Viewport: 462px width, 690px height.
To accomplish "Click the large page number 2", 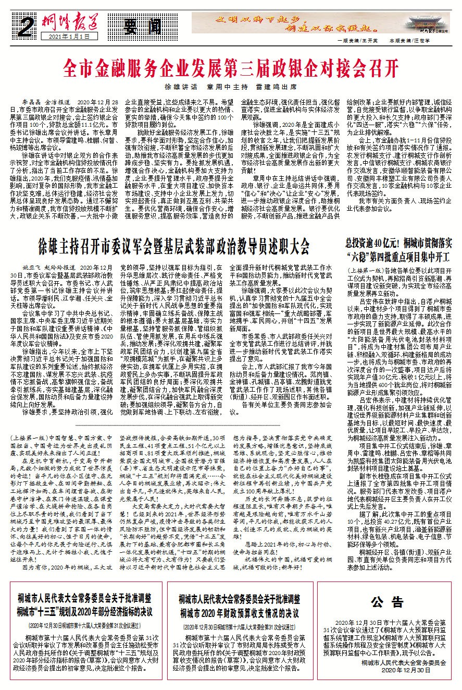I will pyautogui.click(x=21, y=24).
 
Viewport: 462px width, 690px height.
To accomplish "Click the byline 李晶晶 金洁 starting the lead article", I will pyautogui.click(x=36, y=99).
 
